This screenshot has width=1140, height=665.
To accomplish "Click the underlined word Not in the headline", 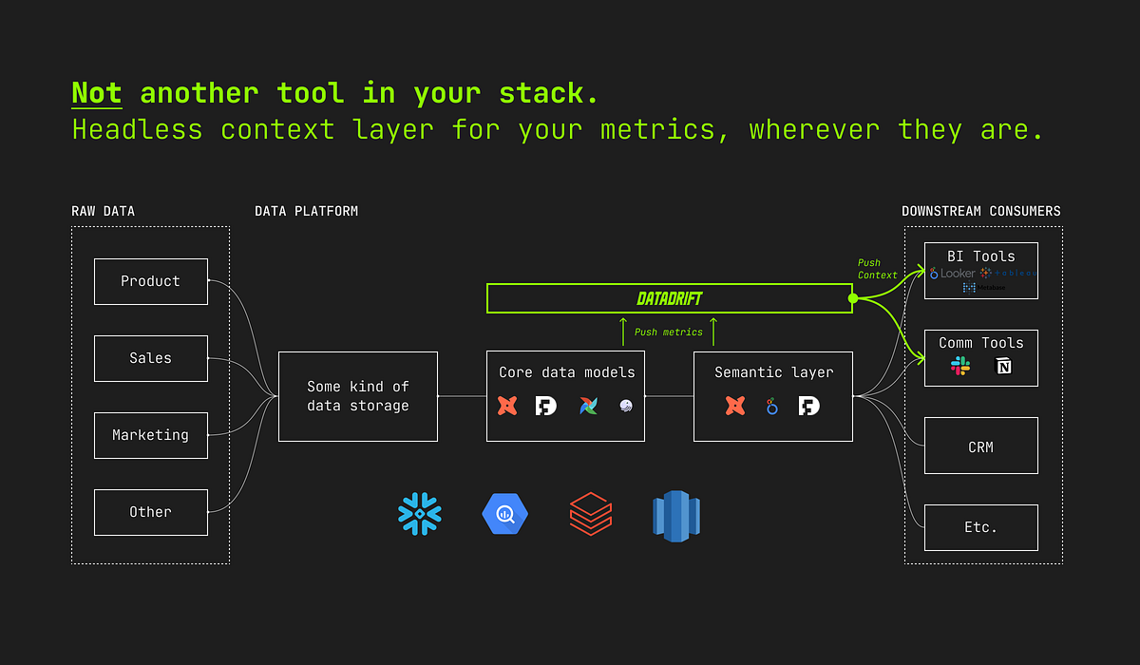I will tap(97, 93).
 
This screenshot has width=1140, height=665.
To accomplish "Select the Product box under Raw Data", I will tap(150, 281).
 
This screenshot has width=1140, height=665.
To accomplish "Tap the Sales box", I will tap(150, 358).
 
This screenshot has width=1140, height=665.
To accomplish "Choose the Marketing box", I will tap(150, 435).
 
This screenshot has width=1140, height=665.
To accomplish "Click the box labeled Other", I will tap(150, 512).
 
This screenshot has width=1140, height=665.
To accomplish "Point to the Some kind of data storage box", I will tap(357, 396).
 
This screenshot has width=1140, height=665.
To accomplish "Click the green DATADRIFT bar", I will tap(669, 298).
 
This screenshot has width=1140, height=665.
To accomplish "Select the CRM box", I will tap(980, 446).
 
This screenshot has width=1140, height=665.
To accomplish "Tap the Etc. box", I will tap(980, 527).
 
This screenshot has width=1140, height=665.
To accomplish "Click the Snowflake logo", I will tap(420, 515).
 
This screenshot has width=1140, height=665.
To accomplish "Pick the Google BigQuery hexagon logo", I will tap(504, 515).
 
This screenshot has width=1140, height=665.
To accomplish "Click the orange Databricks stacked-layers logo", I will tap(590, 515).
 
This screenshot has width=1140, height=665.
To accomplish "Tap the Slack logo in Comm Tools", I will tap(960, 367).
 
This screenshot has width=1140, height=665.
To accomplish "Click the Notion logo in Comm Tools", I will tap(1003, 367).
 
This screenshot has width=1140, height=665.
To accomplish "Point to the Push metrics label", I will tap(668, 332).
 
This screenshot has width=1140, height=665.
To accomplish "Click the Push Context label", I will tap(877, 269).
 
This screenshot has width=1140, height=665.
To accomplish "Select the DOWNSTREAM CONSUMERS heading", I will tap(980, 211).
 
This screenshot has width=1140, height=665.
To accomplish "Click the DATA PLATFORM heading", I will tap(306, 211).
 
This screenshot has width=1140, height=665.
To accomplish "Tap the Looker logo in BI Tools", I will tap(952, 274).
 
